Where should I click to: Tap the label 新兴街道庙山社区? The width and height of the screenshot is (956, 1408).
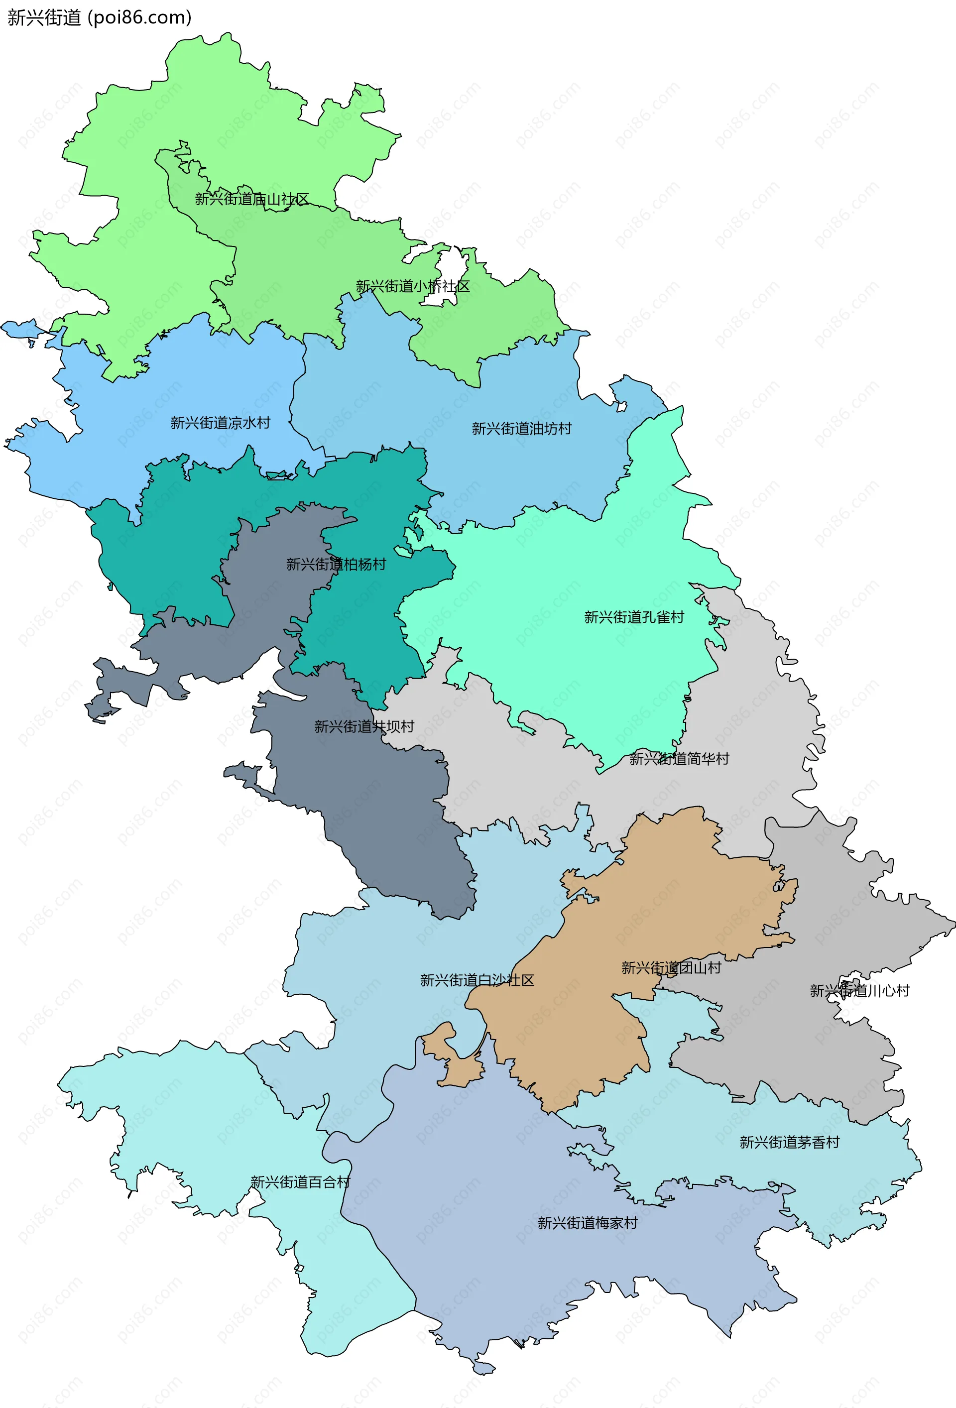[x=251, y=199]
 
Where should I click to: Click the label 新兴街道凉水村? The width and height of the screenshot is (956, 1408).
[x=220, y=423]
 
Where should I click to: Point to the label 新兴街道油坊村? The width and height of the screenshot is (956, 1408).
[x=522, y=429]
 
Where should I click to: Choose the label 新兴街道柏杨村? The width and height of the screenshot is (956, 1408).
[x=336, y=565]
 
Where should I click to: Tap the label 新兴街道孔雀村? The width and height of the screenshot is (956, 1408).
[x=634, y=617]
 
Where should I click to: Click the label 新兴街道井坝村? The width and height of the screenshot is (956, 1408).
[x=364, y=726]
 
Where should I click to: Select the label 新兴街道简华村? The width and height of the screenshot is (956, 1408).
[x=679, y=759]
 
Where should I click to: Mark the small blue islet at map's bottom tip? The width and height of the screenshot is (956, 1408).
[x=484, y=1368]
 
